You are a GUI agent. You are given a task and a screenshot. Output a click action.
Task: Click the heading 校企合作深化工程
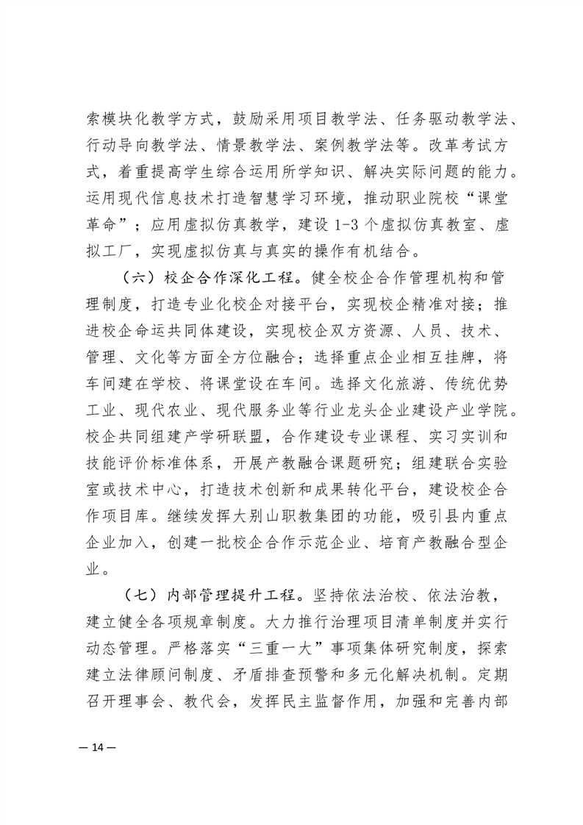tap(228, 280)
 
